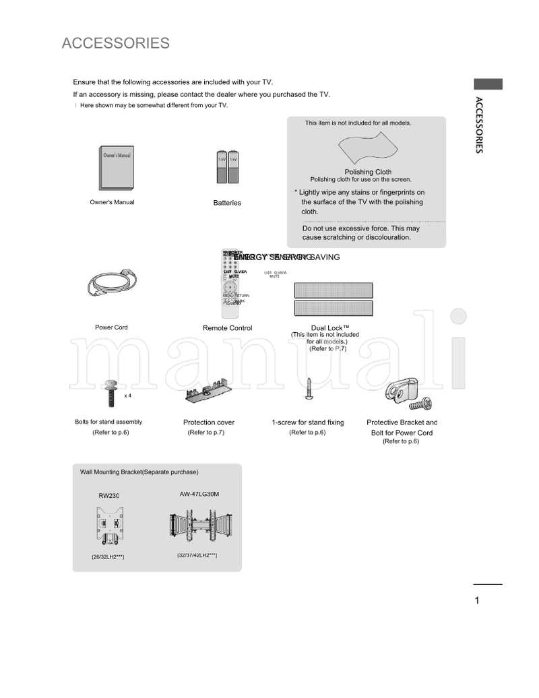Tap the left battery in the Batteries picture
[x=221, y=166]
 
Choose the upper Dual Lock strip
[x=333, y=290]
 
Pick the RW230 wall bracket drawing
[x=109, y=526]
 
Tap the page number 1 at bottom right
[x=477, y=601]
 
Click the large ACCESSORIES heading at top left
[x=115, y=44]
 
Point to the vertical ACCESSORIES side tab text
[x=478, y=125]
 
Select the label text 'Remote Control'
[x=227, y=328]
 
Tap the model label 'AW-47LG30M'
[x=199, y=494]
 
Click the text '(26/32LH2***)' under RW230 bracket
[x=108, y=557]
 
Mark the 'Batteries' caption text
[x=227, y=203]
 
